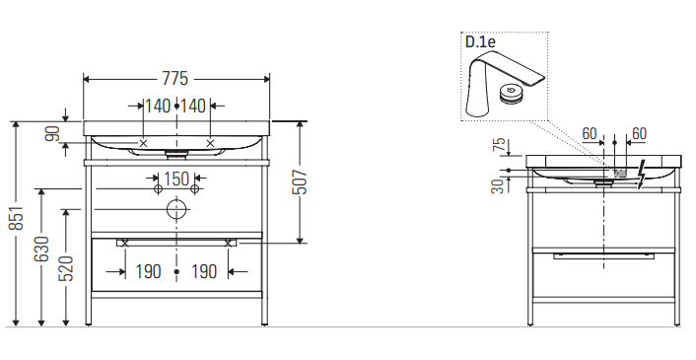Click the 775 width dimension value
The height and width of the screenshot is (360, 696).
pos(174,79)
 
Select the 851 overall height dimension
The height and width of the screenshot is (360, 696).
pos(17,218)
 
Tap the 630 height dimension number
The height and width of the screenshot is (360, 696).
pos(41,249)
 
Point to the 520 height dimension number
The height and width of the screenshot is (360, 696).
pos(67,268)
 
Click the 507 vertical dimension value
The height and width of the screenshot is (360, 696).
pos(300,182)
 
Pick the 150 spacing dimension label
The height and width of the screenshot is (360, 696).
pos(176,179)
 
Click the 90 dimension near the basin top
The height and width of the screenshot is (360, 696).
pos(53,133)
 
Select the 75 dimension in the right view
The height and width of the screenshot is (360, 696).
pos(500,145)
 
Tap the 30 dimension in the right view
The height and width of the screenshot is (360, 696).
pos(500,186)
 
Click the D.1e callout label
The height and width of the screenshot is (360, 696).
pos(480,42)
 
